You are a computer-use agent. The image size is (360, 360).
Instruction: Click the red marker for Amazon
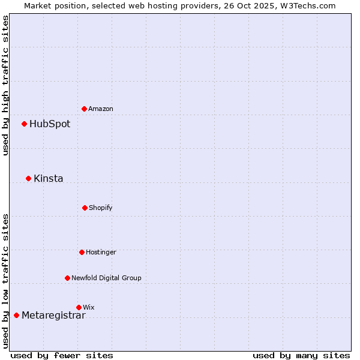point(84,109)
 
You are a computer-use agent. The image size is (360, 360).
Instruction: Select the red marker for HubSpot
point(24,124)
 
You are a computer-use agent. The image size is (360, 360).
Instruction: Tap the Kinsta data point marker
point(28,178)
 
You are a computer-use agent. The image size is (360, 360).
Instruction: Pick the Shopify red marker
point(85,208)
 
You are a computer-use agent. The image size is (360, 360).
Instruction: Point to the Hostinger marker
point(82,252)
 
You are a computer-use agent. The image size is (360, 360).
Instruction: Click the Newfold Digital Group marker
point(67,278)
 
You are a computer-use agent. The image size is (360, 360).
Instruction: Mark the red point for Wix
point(79,307)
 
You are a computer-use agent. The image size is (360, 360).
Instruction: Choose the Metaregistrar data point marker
point(16,315)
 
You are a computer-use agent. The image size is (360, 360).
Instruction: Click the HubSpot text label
point(50,124)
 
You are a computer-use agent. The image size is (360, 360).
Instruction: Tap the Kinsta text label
point(49,179)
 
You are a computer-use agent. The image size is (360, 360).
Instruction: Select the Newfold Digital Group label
point(106,278)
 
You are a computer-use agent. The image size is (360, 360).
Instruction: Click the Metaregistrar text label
point(53,316)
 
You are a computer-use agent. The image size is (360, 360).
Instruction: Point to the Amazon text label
point(101,109)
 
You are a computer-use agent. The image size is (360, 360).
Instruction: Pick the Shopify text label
point(101,208)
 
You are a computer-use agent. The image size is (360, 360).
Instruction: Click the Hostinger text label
point(101,252)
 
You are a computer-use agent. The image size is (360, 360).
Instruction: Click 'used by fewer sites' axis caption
point(62,355)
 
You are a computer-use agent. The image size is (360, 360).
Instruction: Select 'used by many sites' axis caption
point(301,355)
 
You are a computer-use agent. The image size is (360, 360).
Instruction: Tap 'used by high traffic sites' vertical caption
point(5,86)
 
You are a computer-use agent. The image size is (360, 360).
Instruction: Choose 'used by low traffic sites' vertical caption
point(5,280)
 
